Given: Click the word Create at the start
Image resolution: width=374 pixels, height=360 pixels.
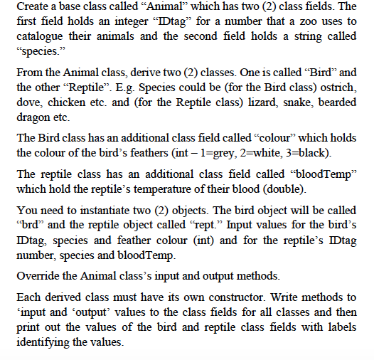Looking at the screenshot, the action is (x=33, y=8).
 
